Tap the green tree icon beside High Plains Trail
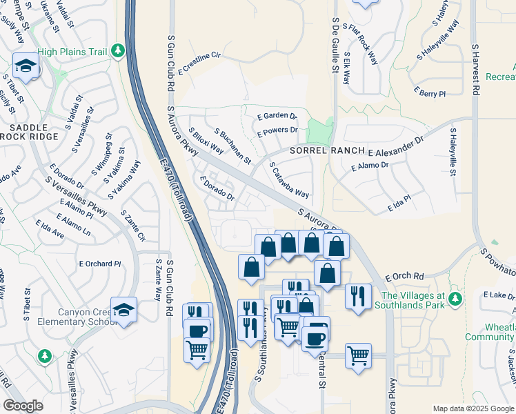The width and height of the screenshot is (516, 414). (118, 50)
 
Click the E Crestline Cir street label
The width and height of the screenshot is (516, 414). (199, 61)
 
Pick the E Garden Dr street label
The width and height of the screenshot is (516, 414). (276, 117)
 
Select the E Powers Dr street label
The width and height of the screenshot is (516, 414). (277, 130)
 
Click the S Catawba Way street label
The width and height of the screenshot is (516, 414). (289, 180)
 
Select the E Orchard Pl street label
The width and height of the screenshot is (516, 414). (100, 264)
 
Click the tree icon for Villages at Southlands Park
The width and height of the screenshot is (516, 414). (455, 298)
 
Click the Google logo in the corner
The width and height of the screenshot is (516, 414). (23, 406)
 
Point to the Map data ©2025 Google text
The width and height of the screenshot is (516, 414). (473, 408)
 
